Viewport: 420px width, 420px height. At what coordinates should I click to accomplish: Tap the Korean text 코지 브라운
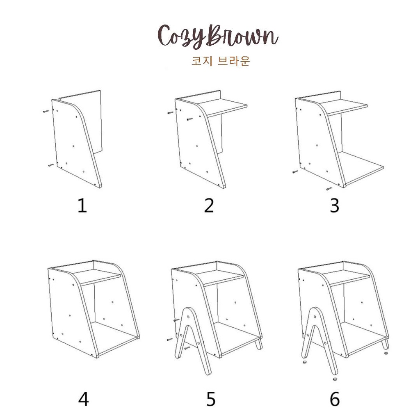pyautogui.click(x=221, y=61)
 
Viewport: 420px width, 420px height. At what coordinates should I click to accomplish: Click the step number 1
pyautogui.click(x=82, y=206)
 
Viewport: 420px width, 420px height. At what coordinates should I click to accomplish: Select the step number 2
pyautogui.click(x=209, y=206)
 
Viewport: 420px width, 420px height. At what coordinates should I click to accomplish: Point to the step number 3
pyautogui.click(x=335, y=206)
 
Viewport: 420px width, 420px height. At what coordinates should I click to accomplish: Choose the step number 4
pyautogui.click(x=83, y=399)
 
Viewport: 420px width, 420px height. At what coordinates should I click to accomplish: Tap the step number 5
pyautogui.click(x=210, y=399)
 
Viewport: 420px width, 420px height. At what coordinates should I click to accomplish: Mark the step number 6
pyautogui.click(x=335, y=399)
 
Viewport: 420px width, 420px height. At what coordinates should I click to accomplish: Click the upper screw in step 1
pyautogui.click(x=46, y=111)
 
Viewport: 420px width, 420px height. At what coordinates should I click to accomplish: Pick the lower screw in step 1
pyautogui.click(x=51, y=165)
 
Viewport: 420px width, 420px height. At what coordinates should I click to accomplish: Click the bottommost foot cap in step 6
pyautogui.click(x=335, y=379)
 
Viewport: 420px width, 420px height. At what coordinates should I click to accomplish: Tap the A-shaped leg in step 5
pyautogui.click(x=192, y=340)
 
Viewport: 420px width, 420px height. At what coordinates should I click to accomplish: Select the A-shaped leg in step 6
pyautogui.click(x=318, y=340)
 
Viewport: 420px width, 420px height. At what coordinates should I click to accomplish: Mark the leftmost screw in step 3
pyautogui.click(x=295, y=172)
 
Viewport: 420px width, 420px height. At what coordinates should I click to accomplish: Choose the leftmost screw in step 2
pyautogui.click(x=170, y=113)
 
